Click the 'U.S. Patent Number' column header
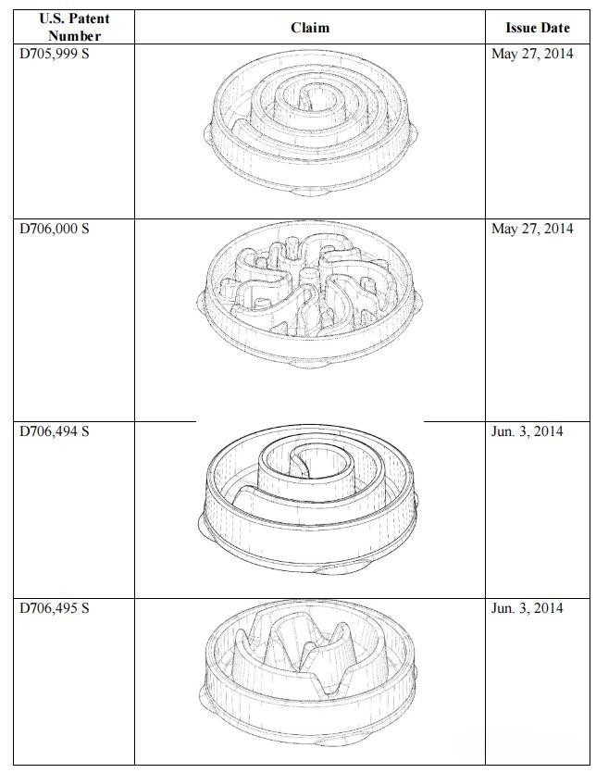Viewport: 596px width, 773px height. coord(74,27)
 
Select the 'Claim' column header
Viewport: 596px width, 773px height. coord(310,28)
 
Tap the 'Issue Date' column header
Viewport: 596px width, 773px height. coord(538,28)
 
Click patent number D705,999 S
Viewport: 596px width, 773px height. coord(55,54)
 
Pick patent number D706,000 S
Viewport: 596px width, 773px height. coord(55,229)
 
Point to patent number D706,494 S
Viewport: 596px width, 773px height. coord(55,431)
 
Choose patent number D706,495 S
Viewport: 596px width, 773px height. coord(55,608)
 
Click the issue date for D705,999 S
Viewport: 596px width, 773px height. coord(532,54)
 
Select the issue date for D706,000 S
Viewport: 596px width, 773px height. coord(532,229)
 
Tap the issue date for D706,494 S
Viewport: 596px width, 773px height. coord(527,431)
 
